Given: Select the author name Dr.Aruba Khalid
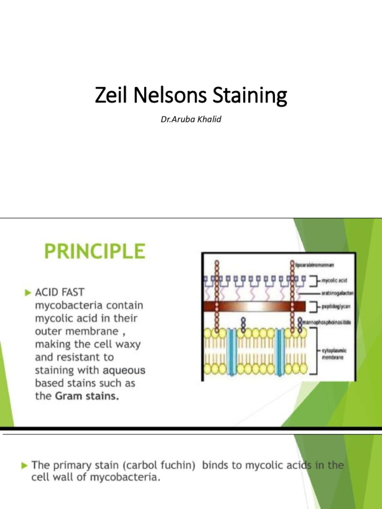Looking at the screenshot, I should pos(191,119).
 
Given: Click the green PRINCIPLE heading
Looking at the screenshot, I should pos(95,251).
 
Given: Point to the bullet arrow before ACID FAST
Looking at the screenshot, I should pos(28,293).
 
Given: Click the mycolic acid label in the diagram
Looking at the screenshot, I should pos(333,281).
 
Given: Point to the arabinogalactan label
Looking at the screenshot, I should pos(336,293).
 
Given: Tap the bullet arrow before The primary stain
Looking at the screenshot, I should pos(24,466).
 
